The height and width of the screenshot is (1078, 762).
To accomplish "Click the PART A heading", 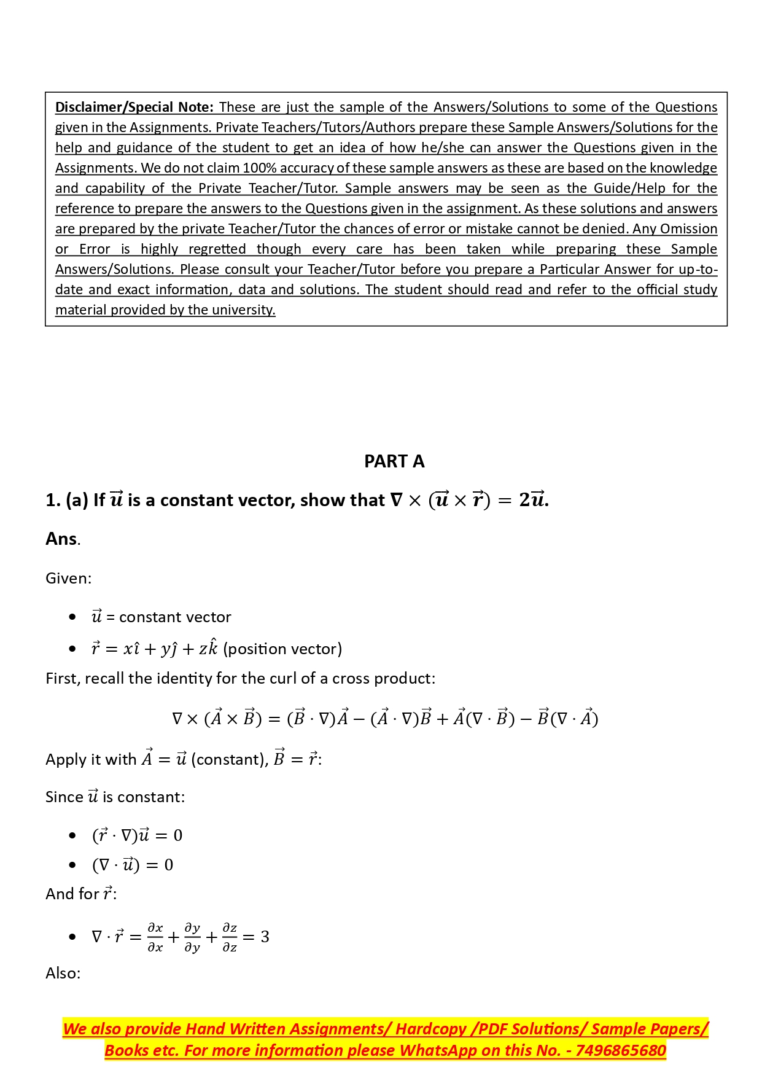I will tap(394, 461).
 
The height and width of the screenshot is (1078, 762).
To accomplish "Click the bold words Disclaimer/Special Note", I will tap(134, 107).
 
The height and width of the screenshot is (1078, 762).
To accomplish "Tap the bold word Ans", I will tap(61, 539).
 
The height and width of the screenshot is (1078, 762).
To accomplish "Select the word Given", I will tap(67, 578).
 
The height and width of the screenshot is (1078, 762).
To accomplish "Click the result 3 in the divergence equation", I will tap(265, 937).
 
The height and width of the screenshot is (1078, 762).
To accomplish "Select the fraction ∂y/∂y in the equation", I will tap(192, 937).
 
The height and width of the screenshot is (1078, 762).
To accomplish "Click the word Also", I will tap(62, 974).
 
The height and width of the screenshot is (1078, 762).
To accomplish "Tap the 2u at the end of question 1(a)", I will tap(532, 500).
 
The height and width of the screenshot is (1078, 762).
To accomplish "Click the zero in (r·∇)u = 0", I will tap(178, 835).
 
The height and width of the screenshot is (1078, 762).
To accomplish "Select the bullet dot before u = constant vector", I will tap(72, 617).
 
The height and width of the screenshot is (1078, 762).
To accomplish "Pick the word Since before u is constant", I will tap(64, 797).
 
